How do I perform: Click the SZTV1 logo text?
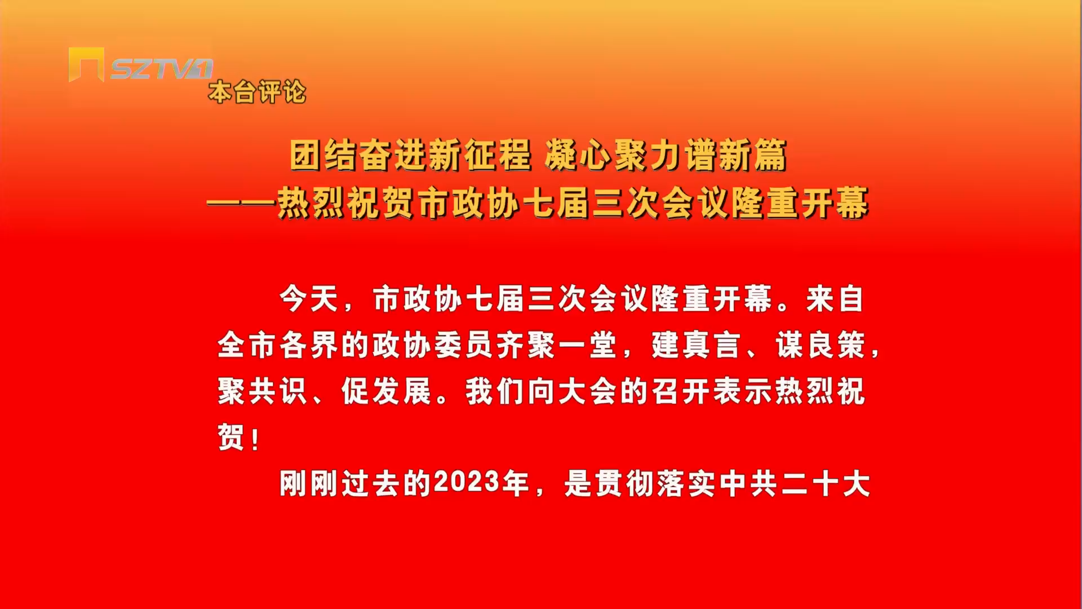click(162, 69)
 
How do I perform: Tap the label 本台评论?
click(258, 92)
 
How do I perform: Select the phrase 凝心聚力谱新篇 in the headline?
click(666, 155)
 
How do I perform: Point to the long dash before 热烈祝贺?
click(241, 204)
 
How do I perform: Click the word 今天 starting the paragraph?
click(309, 299)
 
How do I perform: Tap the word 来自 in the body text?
click(835, 299)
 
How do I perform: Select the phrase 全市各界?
click(278, 345)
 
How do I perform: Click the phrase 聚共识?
click(263, 391)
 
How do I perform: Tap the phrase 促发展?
click(387, 391)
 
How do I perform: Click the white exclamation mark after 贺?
click(256, 439)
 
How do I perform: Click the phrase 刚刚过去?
click(340, 484)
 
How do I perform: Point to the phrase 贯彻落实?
click(655, 484)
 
